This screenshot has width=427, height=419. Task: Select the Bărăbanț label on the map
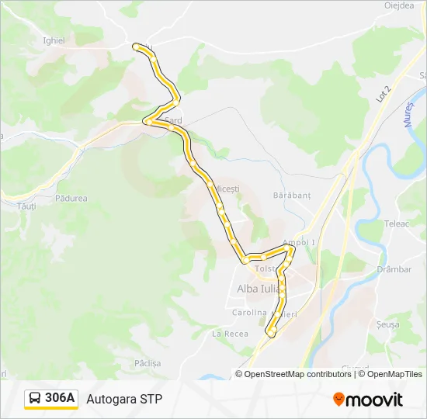(292, 196)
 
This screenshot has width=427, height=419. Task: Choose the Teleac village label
(395, 223)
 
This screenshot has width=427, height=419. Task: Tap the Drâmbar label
(394, 269)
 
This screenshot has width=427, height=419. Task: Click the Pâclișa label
(147, 362)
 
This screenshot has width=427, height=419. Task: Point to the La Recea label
(230, 333)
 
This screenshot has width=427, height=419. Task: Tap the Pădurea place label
(71, 199)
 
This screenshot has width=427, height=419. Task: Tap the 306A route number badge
(51, 399)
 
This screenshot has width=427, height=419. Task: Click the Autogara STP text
(124, 400)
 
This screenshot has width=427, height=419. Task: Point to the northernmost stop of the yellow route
(138, 47)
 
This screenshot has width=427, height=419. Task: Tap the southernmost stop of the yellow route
(272, 332)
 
